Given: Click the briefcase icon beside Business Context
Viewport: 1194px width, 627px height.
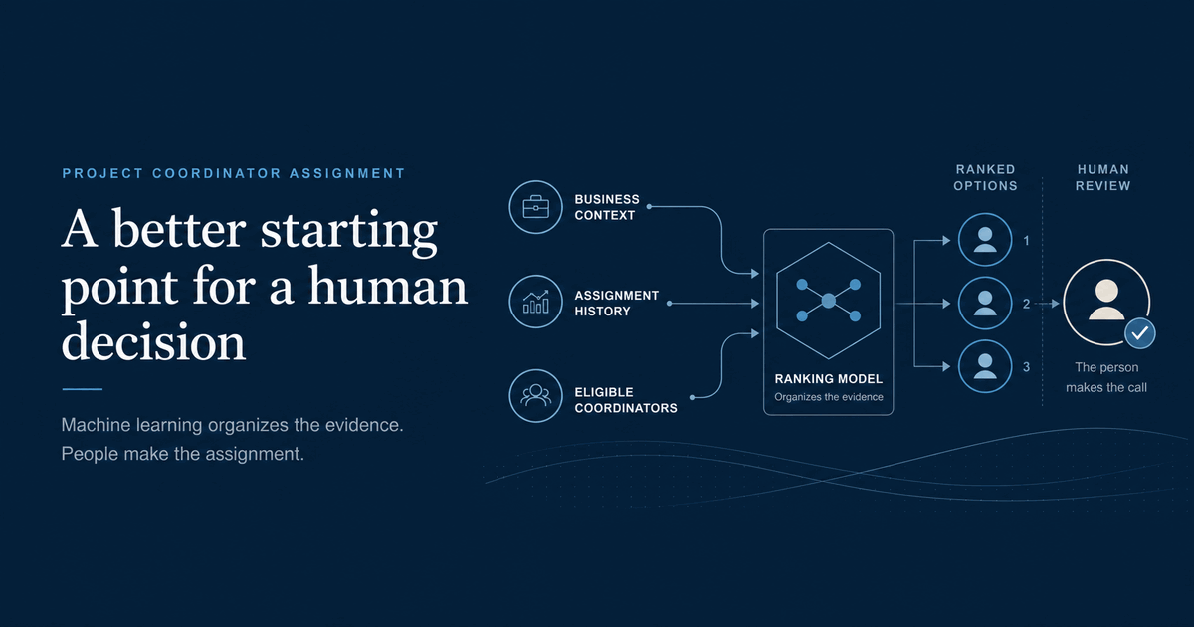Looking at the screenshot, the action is tap(535, 207).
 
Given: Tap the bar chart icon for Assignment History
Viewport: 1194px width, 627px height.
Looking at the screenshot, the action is tap(535, 302).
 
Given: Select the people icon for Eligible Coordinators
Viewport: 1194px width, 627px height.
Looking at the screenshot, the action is tap(535, 396).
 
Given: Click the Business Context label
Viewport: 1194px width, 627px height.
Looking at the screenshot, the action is tap(607, 207).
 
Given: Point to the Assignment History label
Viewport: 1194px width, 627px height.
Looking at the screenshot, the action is tap(616, 303).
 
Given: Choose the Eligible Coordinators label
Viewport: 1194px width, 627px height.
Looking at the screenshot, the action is tap(626, 400).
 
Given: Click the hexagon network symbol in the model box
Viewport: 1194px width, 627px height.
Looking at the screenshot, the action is tap(828, 301).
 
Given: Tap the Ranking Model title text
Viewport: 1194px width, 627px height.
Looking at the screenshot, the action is tap(828, 379).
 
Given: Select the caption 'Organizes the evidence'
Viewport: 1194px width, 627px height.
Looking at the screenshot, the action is tap(828, 397).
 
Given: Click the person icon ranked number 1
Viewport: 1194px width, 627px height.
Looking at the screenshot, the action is tap(985, 240).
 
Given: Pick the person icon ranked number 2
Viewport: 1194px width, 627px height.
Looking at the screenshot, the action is tap(985, 304).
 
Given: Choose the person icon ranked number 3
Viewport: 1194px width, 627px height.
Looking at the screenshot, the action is tap(985, 367).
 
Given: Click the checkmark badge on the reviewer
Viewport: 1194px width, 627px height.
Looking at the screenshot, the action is tap(1140, 333).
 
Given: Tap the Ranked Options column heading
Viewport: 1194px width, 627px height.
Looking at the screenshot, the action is tap(985, 177).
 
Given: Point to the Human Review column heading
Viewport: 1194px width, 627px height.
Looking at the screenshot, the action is tap(1102, 177).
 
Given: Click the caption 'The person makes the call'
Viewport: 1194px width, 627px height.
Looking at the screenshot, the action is tap(1106, 377).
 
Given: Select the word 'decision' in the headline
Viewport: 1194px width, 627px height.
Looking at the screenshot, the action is tap(153, 341).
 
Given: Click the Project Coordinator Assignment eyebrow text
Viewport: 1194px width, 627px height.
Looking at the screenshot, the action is tap(234, 173).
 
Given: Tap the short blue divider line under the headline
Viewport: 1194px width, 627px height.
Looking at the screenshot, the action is tap(82, 389).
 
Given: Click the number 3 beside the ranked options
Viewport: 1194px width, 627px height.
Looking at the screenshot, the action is tap(1026, 367).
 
